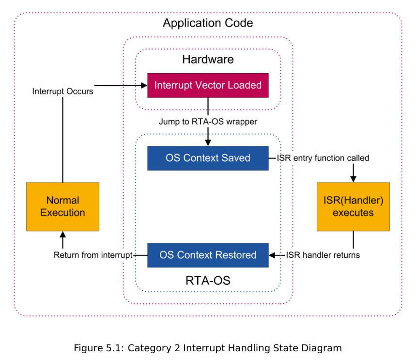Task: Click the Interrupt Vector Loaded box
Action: pos(208,85)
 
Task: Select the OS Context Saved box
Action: pos(208,158)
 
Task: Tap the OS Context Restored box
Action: pos(208,255)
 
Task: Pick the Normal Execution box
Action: pos(62,207)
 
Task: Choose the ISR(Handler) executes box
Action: pos(353,207)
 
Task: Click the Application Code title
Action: pos(208,23)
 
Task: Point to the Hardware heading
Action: pos(208,59)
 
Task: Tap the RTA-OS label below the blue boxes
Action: pos(208,281)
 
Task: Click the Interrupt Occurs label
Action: pos(62,92)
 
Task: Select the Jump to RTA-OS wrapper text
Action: pos(208,122)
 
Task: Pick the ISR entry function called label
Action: pos(323,158)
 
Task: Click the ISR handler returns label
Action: pos(323,255)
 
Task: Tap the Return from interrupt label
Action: pos(93,255)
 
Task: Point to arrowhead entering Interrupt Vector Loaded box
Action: pos(144,85)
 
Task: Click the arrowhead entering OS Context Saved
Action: pos(208,142)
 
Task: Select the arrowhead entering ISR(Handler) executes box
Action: pos(353,179)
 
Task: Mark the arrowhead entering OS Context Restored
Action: pos(272,255)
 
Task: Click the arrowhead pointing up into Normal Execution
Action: pos(62,235)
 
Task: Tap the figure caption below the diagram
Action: pos(208,348)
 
